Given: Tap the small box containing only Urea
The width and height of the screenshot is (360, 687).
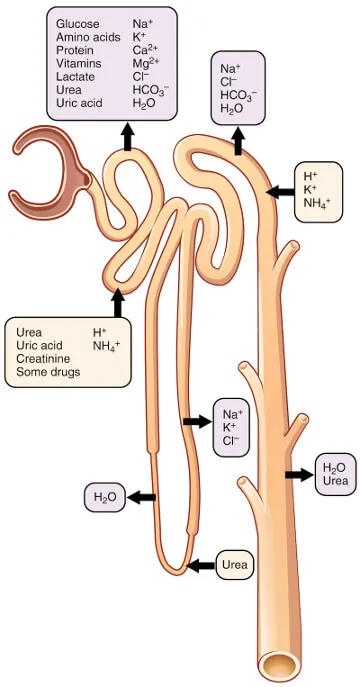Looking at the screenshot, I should pos(234,565).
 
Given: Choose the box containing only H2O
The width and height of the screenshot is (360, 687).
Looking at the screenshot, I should pos(105,496).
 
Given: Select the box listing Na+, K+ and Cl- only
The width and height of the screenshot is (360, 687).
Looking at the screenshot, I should pos(232,426).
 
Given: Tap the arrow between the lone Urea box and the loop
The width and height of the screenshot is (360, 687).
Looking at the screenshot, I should pos(202,565).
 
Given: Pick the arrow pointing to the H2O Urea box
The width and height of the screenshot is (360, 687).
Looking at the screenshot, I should pos(298,474).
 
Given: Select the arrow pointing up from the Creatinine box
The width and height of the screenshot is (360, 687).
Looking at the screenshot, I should pos(117,301).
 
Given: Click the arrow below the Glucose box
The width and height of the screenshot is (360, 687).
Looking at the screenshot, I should pos(128,137).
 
